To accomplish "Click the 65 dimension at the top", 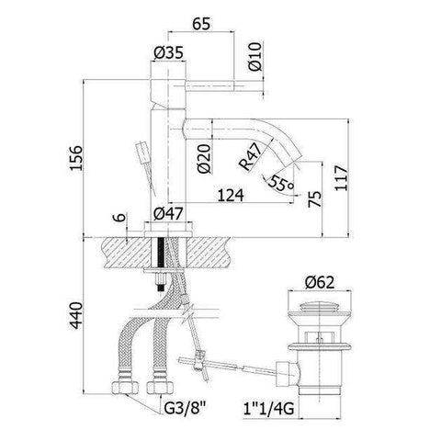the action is [201, 23].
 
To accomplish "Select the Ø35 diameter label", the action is [168, 53].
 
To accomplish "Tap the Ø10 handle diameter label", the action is [255, 57].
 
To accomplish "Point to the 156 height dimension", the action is [75, 157].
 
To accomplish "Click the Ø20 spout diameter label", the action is [204, 159].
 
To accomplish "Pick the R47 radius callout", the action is [251, 157].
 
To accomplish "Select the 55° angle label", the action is [281, 183].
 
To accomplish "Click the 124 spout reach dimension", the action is [231, 196].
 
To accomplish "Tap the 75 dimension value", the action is [315, 199].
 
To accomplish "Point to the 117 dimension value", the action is [341, 178].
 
